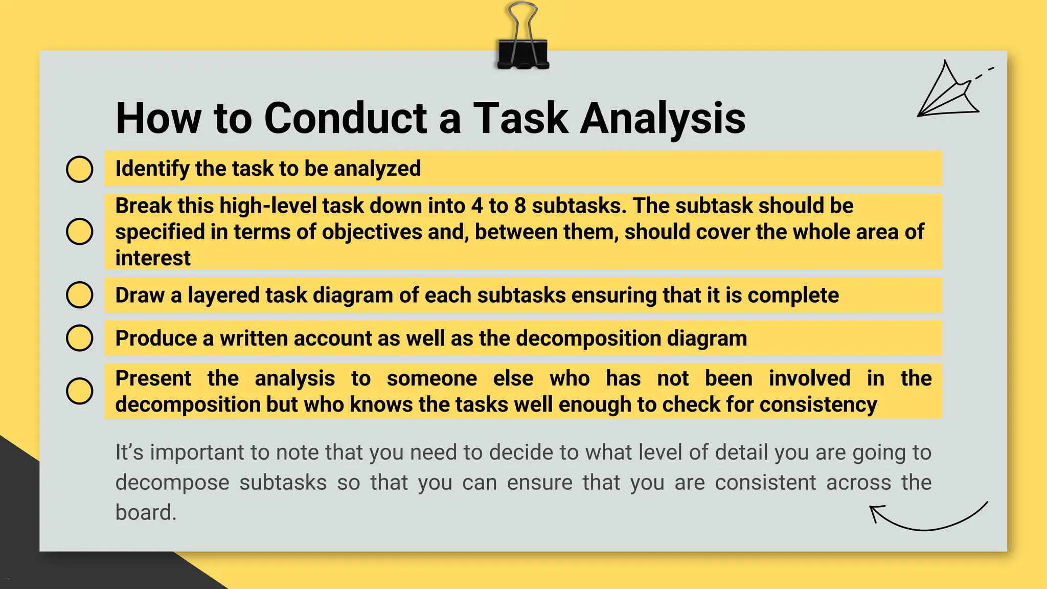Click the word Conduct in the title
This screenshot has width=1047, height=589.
click(346, 118)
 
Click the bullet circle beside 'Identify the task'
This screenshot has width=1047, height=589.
click(80, 169)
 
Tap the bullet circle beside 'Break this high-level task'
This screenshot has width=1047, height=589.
click(80, 231)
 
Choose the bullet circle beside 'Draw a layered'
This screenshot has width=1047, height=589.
click(80, 295)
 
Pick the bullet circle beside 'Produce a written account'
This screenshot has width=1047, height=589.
click(80, 338)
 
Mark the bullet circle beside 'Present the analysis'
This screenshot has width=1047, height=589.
click(80, 391)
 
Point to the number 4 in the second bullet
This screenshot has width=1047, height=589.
click(477, 206)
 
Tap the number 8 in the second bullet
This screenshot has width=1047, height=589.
click(520, 206)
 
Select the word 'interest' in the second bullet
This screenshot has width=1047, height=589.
click(153, 258)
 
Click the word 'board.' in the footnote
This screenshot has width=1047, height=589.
click(146, 512)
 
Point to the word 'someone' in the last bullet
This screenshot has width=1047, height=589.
click(431, 378)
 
